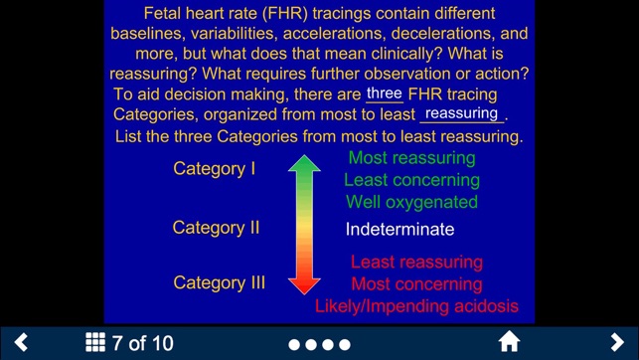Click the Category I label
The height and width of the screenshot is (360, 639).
(x=215, y=168)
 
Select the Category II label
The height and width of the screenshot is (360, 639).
(x=216, y=228)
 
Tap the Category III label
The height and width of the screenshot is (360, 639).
(x=219, y=283)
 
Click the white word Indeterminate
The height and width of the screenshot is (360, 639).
(x=399, y=230)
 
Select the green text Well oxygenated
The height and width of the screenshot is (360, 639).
(x=411, y=202)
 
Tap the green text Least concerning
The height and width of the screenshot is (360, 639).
(x=411, y=180)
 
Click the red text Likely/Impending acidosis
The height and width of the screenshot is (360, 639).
(x=416, y=306)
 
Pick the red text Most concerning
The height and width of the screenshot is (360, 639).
(x=416, y=284)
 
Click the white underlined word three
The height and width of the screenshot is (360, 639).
(x=385, y=93)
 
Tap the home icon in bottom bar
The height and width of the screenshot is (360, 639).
(x=509, y=343)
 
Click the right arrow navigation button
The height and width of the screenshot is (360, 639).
(x=617, y=343)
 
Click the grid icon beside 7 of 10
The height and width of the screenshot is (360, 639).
(x=95, y=343)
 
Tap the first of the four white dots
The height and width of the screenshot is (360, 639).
(x=294, y=345)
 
